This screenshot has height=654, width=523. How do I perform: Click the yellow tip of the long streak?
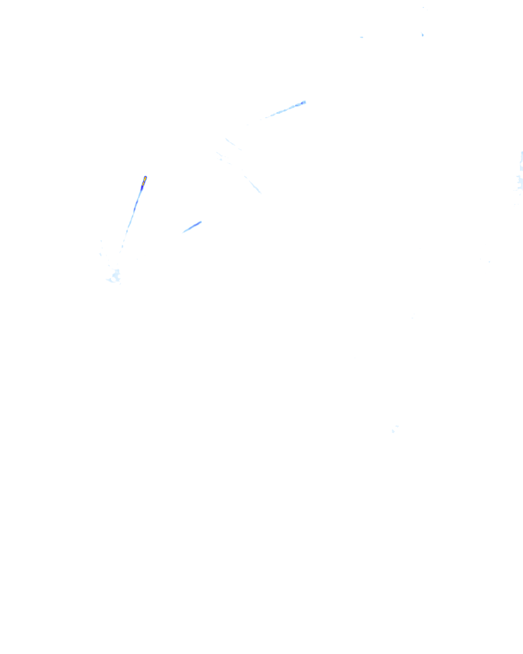click(x=145, y=178)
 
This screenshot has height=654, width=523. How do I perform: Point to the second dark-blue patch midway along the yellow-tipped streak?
click(x=136, y=204)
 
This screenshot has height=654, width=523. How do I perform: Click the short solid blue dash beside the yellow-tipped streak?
click(x=193, y=226)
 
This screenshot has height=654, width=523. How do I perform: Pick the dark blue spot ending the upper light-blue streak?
click(x=304, y=102)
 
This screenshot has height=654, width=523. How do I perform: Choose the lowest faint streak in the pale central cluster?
click(x=253, y=184)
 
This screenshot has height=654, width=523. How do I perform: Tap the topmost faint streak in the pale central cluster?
click(x=232, y=144)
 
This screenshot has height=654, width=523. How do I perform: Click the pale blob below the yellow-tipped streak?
click(x=113, y=277)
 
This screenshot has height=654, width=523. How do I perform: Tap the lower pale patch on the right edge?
click(x=520, y=181)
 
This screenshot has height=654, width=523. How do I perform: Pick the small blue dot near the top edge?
click(x=422, y=35)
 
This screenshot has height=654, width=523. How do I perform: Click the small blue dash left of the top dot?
click(x=362, y=37)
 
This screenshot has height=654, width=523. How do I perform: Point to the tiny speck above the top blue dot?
click(x=423, y=8)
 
